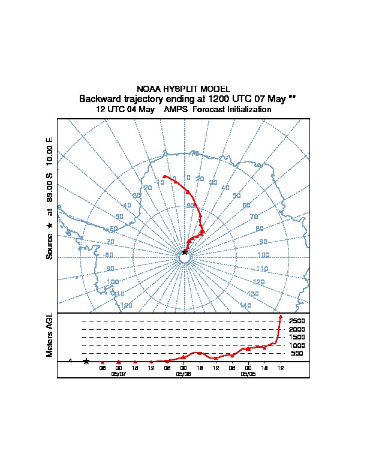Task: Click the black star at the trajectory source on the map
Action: pyautogui.click(x=184, y=252)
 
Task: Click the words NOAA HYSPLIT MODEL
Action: pyautogui.click(x=183, y=88)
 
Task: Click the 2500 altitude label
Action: pyautogui.click(x=297, y=321)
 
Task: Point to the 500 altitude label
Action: pyautogui.click(x=297, y=353)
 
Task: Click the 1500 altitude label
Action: pyautogui.click(x=297, y=337)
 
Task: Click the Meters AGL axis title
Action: pyautogui.click(x=50, y=335)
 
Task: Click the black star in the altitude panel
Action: pyautogui.click(x=86, y=361)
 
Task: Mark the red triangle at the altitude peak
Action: pyautogui.click(x=280, y=316)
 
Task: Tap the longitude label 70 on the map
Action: pyautogui.click(x=253, y=217)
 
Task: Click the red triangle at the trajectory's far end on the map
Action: pyautogui.click(x=164, y=176)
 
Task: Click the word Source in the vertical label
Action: pyautogui.click(x=50, y=245)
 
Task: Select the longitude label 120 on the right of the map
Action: pyautogui.click(x=258, y=281)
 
